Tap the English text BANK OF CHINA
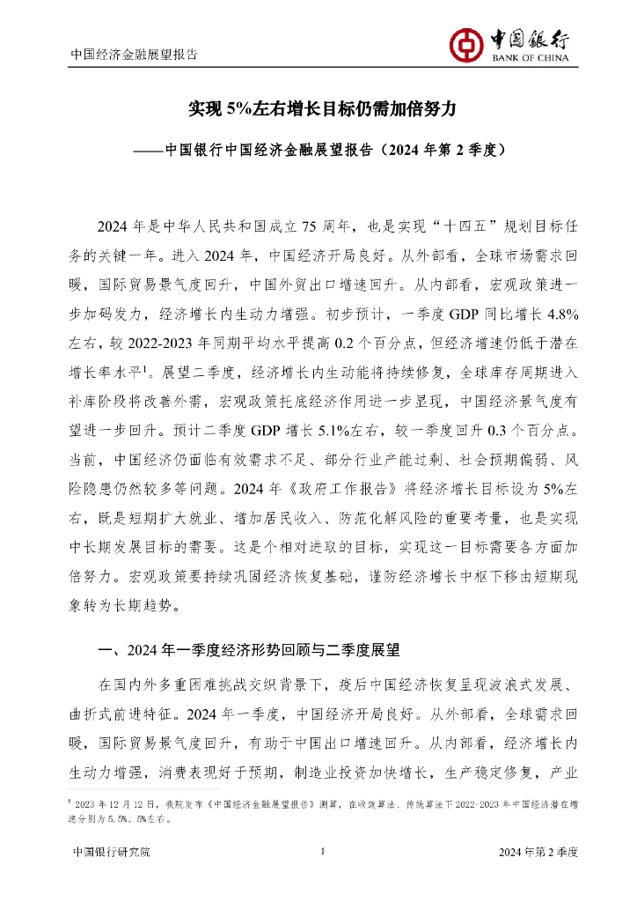(x=529, y=59)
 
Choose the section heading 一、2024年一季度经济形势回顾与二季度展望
(x=250, y=652)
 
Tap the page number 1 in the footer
(x=324, y=852)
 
